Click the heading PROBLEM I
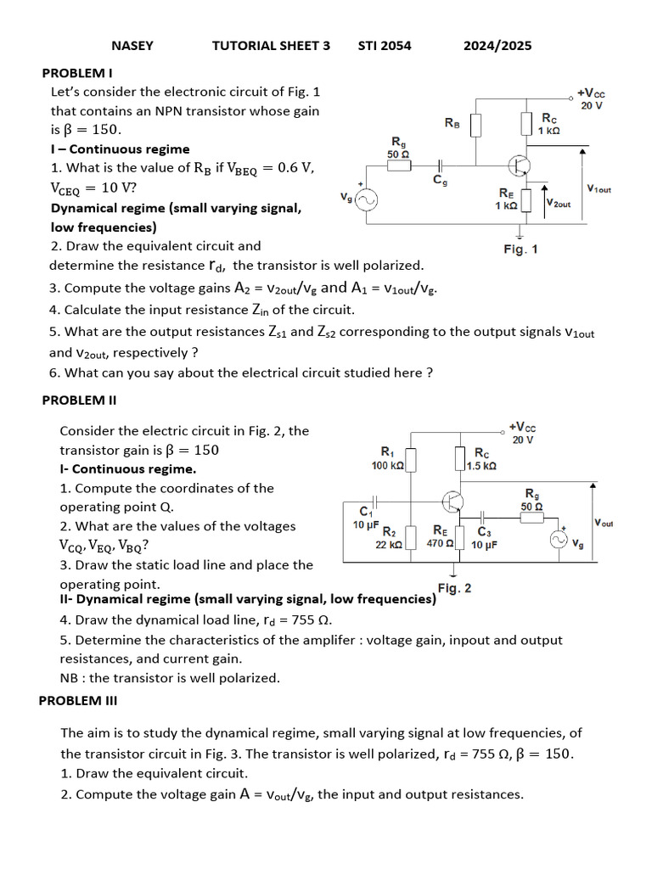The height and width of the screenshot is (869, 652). [x=77, y=72]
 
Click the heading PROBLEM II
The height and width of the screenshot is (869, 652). [x=79, y=400]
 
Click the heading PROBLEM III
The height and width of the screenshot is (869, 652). [x=78, y=700]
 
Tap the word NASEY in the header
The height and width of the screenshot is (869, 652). [x=132, y=46]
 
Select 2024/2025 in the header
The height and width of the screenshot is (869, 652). [x=497, y=46]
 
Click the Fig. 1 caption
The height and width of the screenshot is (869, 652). [x=520, y=249]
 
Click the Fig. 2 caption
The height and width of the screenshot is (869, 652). [x=455, y=588]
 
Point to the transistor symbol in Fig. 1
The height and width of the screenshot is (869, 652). [x=520, y=165]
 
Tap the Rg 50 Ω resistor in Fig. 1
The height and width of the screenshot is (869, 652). [x=400, y=165]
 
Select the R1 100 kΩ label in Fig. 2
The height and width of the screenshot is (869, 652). [x=388, y=459]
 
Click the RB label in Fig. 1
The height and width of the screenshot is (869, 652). [x=452, y=123]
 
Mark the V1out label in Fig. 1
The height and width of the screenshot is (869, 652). [x=598, y=189]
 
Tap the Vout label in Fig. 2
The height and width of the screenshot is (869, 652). [x=604, y=523]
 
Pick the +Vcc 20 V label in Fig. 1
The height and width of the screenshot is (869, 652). [x=591, y=98]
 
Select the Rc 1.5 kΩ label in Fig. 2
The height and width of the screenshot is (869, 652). [x=481, y=459]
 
